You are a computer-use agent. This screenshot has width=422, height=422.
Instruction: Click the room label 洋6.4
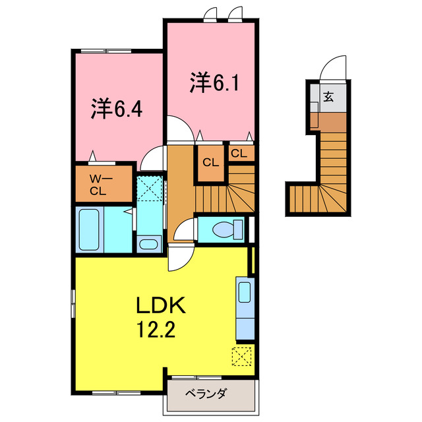pos(117,109)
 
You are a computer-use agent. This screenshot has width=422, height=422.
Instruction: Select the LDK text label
pos(162,306)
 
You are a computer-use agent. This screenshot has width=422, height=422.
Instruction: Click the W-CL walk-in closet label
pos(102,185)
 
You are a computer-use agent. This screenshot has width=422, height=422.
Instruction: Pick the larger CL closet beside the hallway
pos(210,162)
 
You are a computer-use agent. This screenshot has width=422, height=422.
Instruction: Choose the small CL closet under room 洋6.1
pos(239,153)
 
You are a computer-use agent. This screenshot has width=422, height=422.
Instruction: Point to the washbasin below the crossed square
pos(149,244)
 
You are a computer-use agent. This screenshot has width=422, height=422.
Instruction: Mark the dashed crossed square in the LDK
pos(241,356)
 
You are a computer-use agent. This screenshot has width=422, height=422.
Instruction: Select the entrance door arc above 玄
pos(334,68)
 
